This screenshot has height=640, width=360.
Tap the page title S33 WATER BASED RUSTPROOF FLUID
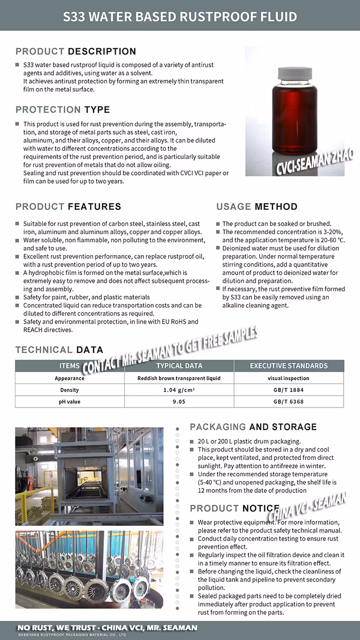point(180,16)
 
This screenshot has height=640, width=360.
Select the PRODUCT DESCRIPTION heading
point(76,51)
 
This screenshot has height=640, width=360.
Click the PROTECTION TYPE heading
point(63,110)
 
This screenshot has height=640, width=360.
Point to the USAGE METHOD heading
point(257,207)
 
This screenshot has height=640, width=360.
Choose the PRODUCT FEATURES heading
point(68,207)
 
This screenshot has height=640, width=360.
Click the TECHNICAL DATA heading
point(59,350)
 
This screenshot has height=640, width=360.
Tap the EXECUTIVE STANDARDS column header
point(289,366)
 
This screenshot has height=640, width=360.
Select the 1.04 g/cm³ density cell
point(179,390)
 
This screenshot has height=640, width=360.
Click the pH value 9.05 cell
point(179,402)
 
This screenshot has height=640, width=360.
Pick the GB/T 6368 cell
point(289,402)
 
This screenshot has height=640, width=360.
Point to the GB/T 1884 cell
point(289,390)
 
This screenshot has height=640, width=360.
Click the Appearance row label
point(69,378)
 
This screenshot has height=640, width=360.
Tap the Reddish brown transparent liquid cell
point(179,378)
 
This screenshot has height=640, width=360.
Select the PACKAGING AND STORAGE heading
point(253,427)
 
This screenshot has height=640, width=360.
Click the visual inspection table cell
point(289,378)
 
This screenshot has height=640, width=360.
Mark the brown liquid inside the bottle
point(295,118)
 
